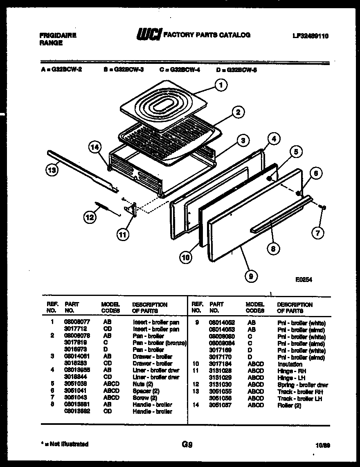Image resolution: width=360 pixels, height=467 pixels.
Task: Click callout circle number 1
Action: point(220,86)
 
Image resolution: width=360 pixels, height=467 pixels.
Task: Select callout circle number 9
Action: point(250,276)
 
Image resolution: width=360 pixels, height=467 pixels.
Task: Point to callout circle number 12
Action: point(90,218)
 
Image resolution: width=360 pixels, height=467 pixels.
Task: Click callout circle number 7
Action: point(317,233)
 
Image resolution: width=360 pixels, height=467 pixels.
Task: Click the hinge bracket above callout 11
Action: point(131,209)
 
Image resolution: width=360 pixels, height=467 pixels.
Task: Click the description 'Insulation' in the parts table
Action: point(290,364)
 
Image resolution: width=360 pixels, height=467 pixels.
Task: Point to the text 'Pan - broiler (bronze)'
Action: point(160,343)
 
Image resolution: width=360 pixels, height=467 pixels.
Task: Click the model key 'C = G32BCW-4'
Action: point(180,70)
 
